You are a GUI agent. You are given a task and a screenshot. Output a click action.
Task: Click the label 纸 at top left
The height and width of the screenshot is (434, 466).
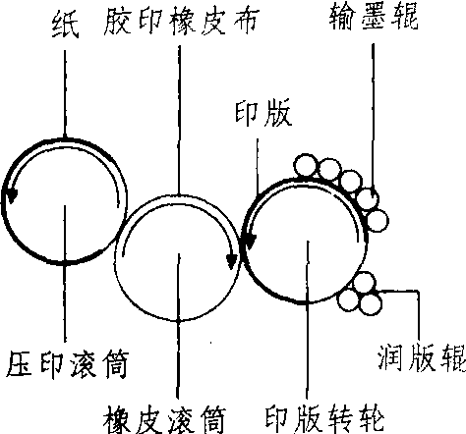coord(65,26)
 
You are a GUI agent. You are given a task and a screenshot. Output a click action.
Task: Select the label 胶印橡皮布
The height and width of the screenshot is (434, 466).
coord(182,22)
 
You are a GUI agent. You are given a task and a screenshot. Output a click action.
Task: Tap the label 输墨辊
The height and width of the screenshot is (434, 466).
coord(374,18)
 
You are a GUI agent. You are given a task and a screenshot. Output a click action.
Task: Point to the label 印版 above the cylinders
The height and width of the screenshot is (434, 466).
coord(263,114)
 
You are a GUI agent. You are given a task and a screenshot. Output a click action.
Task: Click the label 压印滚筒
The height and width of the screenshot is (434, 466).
coord(68,364)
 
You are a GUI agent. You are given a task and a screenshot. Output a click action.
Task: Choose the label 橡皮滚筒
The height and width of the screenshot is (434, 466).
coord(164,419)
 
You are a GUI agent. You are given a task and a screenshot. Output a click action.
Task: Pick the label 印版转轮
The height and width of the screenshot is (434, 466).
coord(324,419)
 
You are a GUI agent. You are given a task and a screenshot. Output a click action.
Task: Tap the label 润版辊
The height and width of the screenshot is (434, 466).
coord(422,357)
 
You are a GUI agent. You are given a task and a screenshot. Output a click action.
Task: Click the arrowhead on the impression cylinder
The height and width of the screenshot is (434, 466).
coord(12,196)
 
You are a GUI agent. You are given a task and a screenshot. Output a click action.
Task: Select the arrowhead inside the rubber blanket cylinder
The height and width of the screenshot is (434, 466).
coord(232,261)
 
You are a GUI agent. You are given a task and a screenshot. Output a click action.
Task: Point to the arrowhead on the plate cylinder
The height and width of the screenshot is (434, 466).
coord(251,243)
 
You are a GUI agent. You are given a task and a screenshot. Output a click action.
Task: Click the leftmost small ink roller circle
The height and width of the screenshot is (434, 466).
coord(306,165)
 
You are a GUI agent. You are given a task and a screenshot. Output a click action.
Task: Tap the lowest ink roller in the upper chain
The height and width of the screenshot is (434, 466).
coord(378,221)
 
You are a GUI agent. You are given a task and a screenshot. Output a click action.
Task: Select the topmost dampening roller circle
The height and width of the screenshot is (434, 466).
coord(364,283)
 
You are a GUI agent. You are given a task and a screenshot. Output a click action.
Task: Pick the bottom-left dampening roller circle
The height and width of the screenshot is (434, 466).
coord(348,300)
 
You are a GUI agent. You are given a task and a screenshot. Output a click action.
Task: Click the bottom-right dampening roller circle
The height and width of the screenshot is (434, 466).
coord(371,303)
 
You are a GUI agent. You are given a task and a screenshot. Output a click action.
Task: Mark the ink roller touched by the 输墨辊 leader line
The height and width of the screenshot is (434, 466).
coord(368,198)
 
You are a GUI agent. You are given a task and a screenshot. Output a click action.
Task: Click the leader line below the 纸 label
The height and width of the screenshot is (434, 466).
coord(65,94)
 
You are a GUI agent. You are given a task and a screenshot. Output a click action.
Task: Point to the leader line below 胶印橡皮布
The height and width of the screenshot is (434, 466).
coord(179,121)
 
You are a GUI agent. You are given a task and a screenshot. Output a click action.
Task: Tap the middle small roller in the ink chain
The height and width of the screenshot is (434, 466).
coord(351,181)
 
